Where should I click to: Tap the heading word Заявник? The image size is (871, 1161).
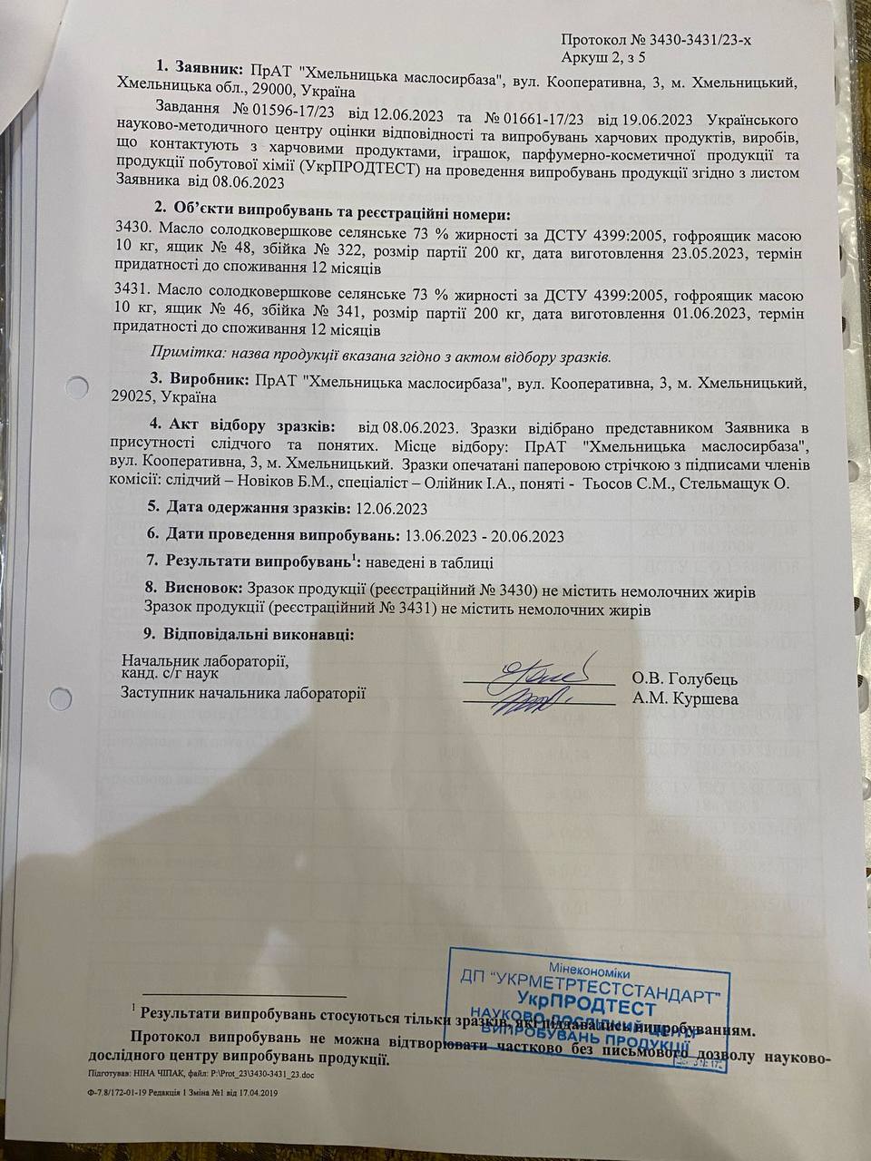pos(209,69)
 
